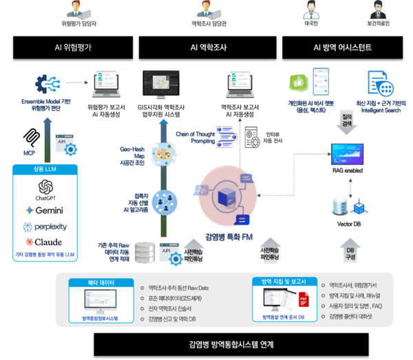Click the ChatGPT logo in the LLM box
click(46, 187)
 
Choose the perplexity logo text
click(46, 226)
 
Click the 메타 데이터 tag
click(99, 282)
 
